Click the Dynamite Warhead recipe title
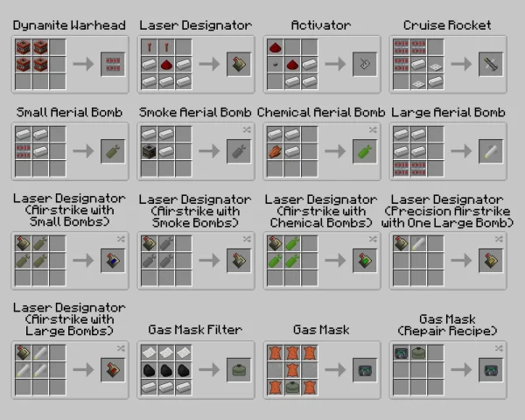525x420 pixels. [69, 25]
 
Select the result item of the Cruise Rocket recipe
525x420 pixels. [490, 64]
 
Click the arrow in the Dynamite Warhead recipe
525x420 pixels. [84, 64]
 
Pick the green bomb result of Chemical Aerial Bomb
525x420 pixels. [364, 150]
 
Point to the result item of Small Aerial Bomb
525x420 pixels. [112, 150]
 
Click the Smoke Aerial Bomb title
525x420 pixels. [195, 112]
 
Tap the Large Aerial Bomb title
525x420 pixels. [448, 112]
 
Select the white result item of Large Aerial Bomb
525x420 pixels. [490, 150]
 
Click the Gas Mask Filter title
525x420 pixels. [195, 330]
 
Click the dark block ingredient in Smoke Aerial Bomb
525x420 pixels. [149, 150]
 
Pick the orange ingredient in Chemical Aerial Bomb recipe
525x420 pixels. [275, 150]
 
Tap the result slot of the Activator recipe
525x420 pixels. [364, 64]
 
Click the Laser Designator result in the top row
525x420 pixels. [238, 64]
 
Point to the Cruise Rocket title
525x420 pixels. [447, 25]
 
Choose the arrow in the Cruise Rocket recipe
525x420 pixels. [462, 64]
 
